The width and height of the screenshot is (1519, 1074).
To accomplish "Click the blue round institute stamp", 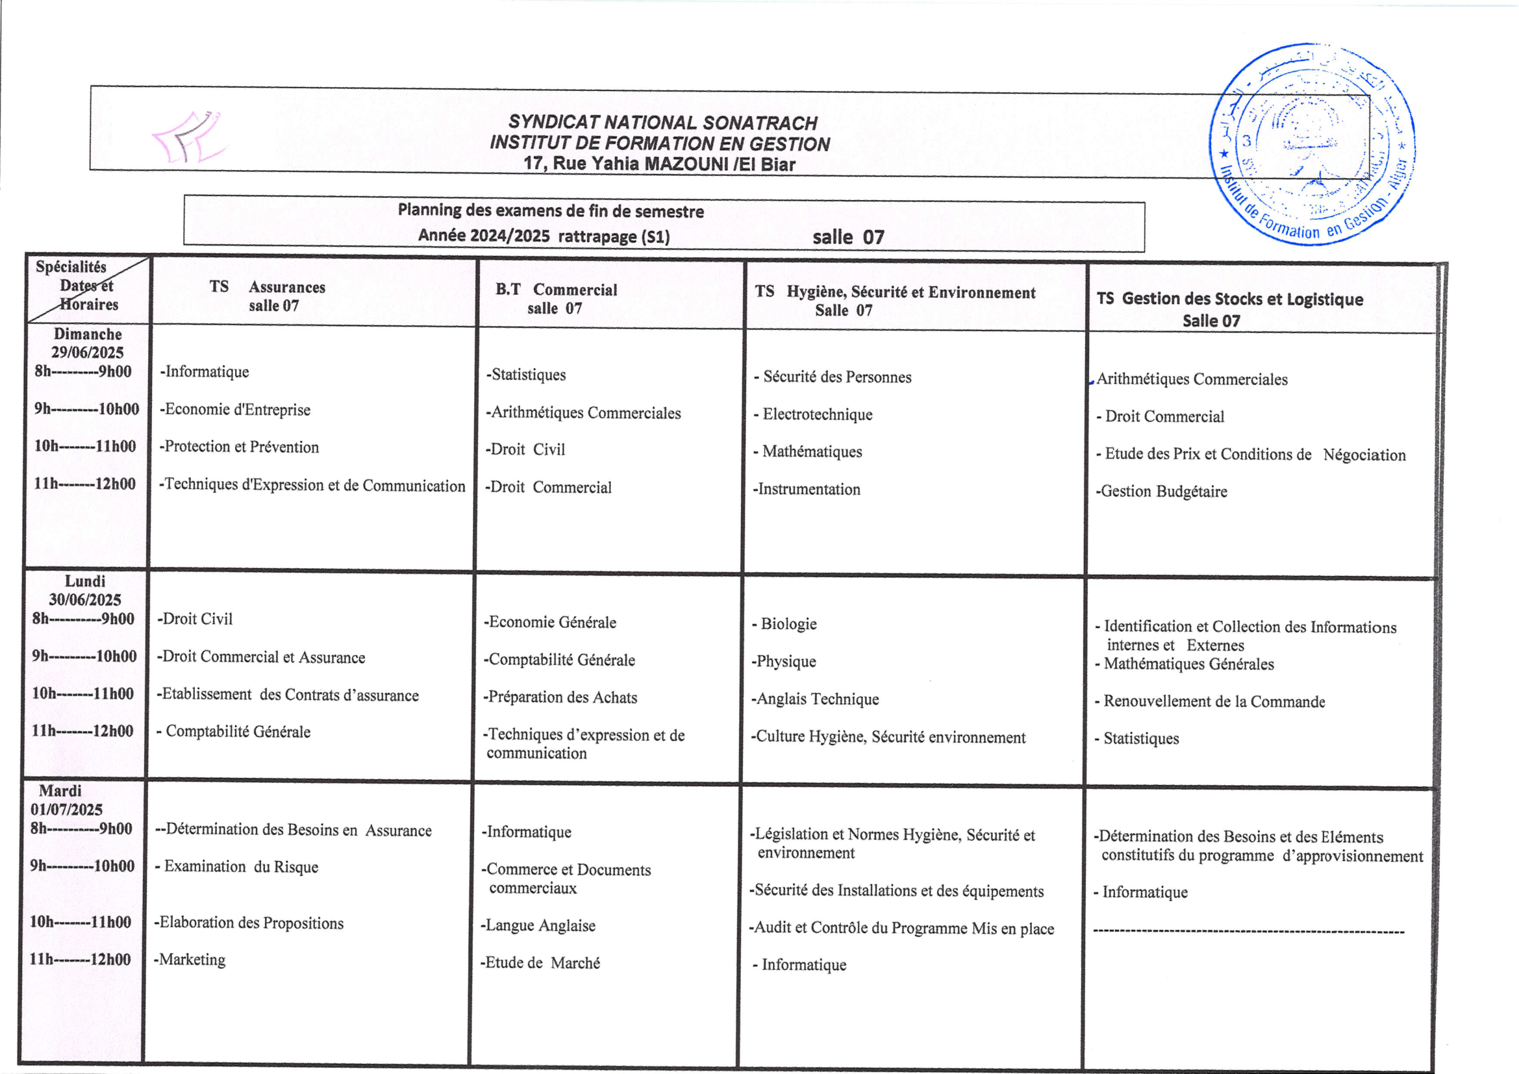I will (1312, 144).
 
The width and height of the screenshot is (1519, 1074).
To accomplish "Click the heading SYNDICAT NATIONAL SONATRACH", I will (662, 123).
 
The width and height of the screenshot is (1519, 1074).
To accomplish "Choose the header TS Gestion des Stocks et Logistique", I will (1229, 299).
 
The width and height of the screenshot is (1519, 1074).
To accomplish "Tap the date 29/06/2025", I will (87, 353).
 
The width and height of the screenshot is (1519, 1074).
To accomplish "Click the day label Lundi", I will (84, 581).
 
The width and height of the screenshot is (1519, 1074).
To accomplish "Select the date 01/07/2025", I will (66, 810).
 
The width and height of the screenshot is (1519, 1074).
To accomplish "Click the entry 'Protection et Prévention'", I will (240, 447).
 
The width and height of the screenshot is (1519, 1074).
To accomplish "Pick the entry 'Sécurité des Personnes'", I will (836, 377).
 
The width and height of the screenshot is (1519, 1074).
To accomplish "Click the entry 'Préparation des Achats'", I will (560, 697).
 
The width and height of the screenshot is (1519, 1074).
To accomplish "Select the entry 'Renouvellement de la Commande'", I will (1213, 701).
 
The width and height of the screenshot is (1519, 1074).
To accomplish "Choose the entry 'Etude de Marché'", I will (540, 963).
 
